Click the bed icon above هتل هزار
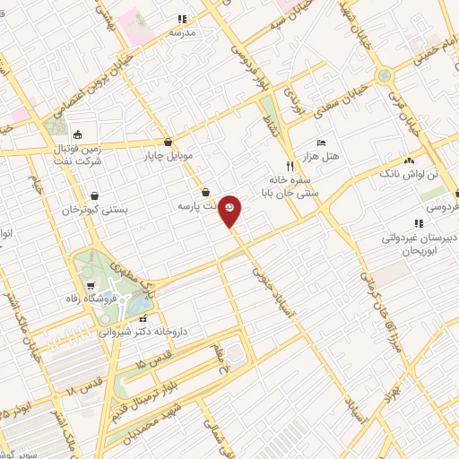[x=322, y=143]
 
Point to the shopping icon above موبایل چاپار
[x=169, y=142]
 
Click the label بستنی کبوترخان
[x=94, y=209]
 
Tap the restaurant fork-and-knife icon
[x=289, y=165]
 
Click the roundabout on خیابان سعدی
[x=385, y=75]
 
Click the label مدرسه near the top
[x=183, y=32]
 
